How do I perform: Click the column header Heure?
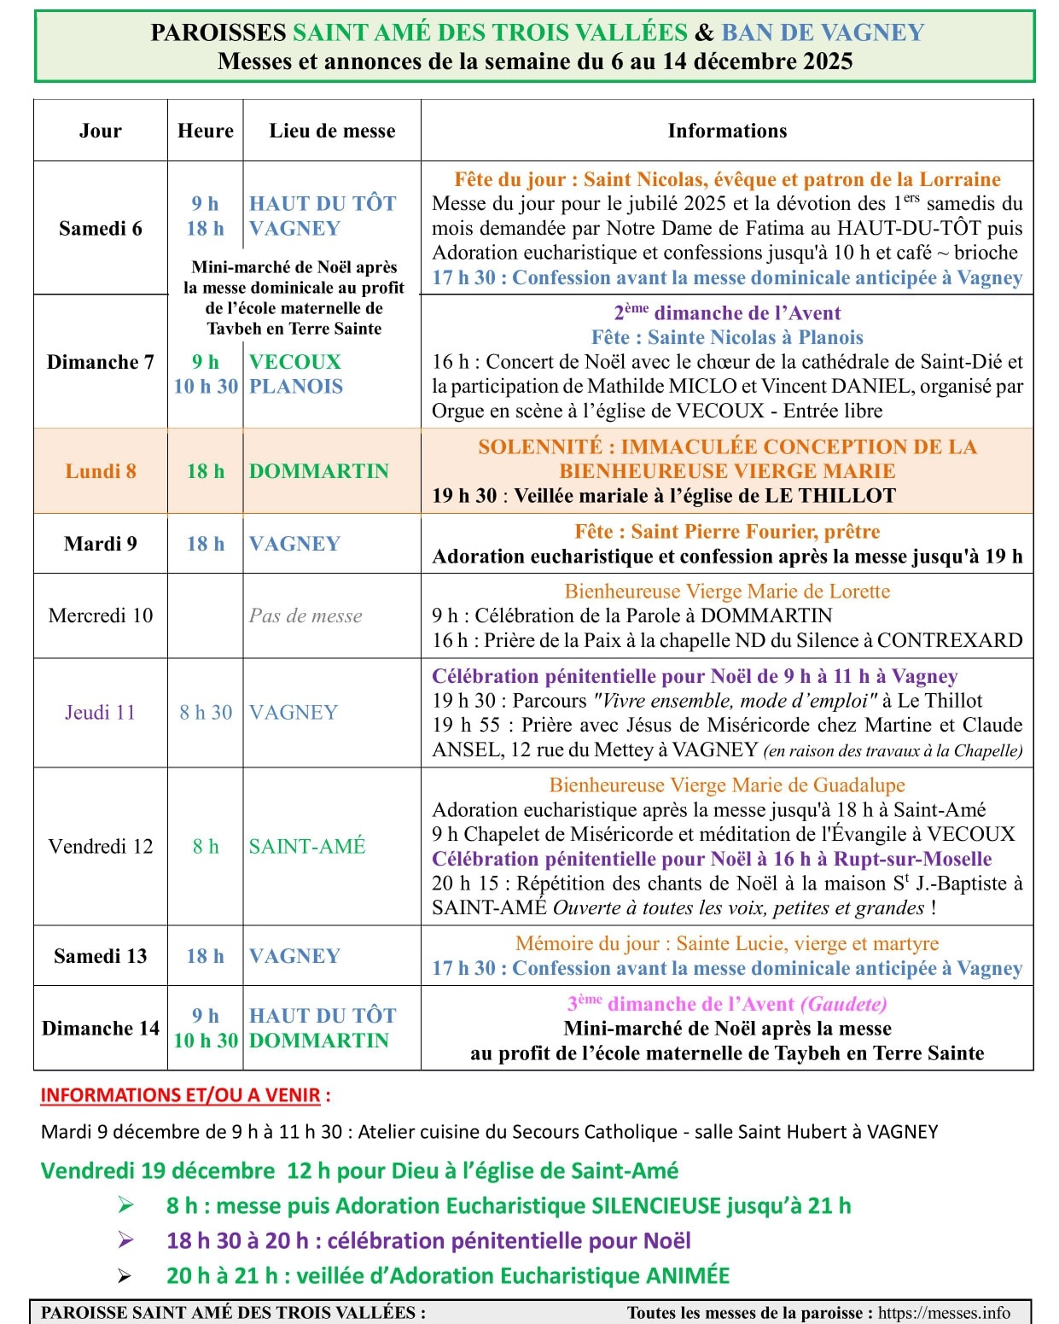click(x=206, y=131)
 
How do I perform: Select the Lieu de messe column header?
click(x=332, y=131)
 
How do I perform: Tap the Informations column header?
click(x=727, y=131)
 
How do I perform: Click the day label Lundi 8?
click(x=101, y=471)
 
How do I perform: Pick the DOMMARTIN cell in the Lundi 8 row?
click(x=319, y=471)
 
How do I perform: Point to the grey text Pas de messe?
click(x=305, y=615)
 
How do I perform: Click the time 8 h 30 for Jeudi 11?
click(x=206, y=712)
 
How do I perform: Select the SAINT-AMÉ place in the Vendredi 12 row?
click(x=307, y=846)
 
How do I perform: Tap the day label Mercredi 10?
click(x=101, y=615)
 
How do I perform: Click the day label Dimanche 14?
click(x=101, y=1028)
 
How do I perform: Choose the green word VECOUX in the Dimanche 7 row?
click(x=295, y=362)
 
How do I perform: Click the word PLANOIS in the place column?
click(x=296, y=387)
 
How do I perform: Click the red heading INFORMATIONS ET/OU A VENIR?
click(x=180, y=1095)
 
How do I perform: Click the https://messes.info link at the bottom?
click(x=944, y=1313)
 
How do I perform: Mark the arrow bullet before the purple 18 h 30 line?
click(x=125, y=1240)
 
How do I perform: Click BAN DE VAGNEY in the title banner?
click(x=823, y=32)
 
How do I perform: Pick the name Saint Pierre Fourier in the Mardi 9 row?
click(x=724, y=532)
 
